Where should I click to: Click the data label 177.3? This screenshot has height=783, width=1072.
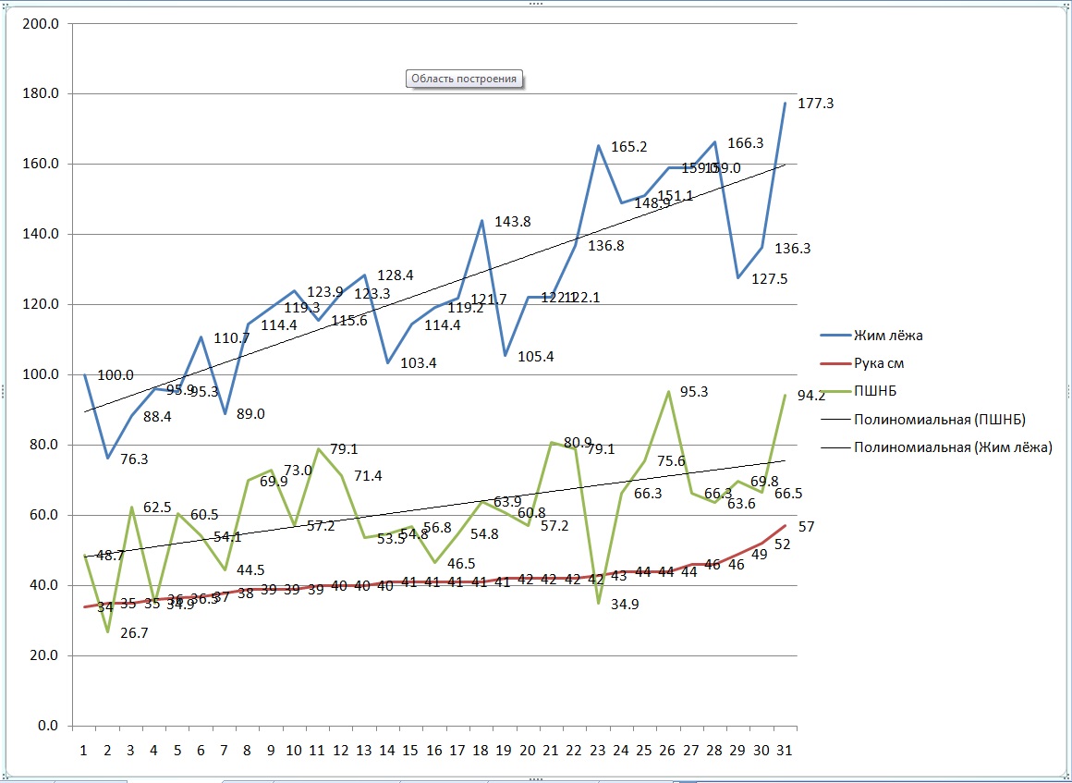pyautogui.click(x=815, y=104)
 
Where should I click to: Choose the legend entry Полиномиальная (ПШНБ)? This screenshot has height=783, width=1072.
pyautogui.click(x=940, y=419)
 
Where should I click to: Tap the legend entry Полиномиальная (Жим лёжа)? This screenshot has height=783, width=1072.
pyautogui.click(x=953, y=447)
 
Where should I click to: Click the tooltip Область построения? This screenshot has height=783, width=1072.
pyautogui.click(x=464, y=79)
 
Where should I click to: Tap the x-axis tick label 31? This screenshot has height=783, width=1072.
pyautogui.click(x=785, y=750)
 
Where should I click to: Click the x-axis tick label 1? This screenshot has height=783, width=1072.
pyautogui.click(x=84, y=750)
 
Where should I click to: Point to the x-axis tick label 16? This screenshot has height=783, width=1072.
pyautogui.click(x=433, y=750)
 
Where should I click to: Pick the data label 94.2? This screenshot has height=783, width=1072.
pyautogui.click(x=811, y=396)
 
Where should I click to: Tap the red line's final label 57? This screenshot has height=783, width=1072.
pyautogui.click(x=806, y=526)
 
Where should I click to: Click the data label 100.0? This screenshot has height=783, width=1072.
pyautogui.click(x=116, y=375)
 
